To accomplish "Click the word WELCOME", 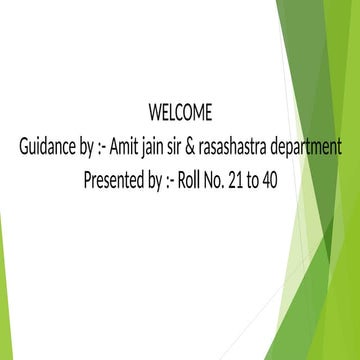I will point(181,110).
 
